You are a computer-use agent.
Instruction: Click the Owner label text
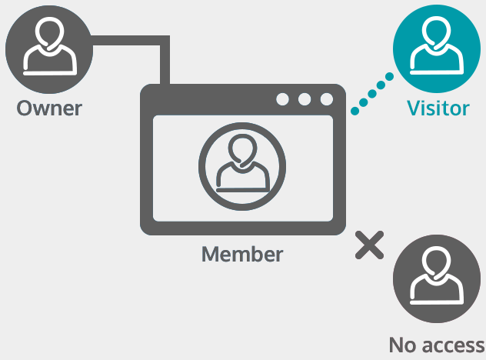(x=49, y=108)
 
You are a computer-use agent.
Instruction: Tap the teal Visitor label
(x=438, y=108)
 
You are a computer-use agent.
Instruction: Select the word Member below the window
(x=242, y=255)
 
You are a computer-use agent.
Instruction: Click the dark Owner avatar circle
(x=49, y=49)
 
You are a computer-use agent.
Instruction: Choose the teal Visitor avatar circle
(x=437, y=48)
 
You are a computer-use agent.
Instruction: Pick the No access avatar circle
(x=437, y=278)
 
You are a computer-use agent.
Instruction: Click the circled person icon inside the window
(x=242, y=166)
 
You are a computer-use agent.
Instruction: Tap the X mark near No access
(x=369, y=245)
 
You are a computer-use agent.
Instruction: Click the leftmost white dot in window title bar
(x=282, y=99)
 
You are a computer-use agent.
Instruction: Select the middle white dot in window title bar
(x=305, y=99)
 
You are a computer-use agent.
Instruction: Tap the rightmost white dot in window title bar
(x=327, y=99)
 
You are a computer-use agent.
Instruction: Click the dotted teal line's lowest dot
(x=355, y=111)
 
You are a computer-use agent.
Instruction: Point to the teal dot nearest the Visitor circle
(x=390, y=76)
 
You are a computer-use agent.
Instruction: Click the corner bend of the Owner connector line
(x=165, y=40)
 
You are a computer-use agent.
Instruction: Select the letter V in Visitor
(x=414, y=108)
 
